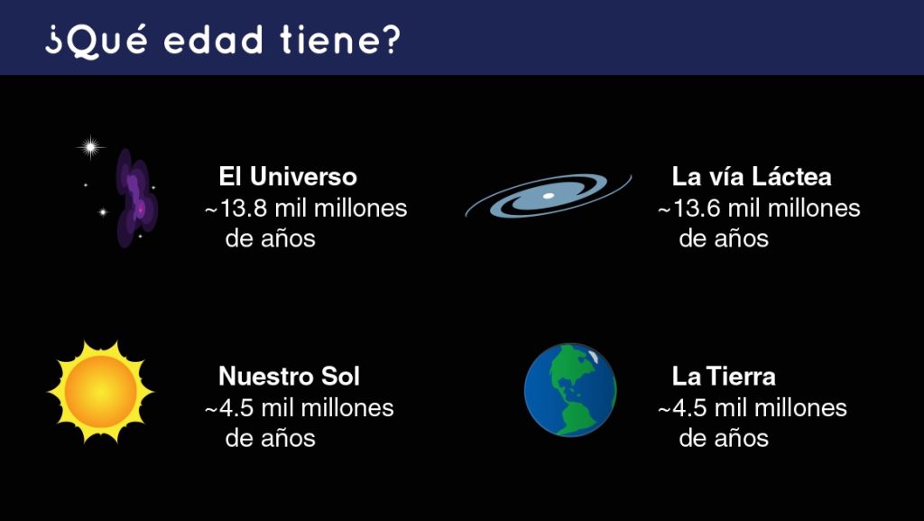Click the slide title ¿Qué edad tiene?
pyautogui.click(x=223, y=40)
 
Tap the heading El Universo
pyautogui.click(x=288, y=176)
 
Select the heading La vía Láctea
pyautogui.click(x=752, y=176)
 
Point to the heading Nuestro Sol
pyautogui.click(x=289, y=376)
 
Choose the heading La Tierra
pyautogui.click(x=724, y=376)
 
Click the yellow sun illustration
pyautogui.click(x=101, y=391)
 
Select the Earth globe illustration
pyautogui.click(x=570, y=390)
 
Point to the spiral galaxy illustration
pyautogui.click(x=548, y=196)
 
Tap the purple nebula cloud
pyautogui.click(x=136, y=198)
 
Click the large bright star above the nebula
pyautogui.click(x=91, y=147)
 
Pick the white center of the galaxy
pyautogui.click(x=548, y=196)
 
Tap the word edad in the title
pyautogui.click(x=213, y=40)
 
